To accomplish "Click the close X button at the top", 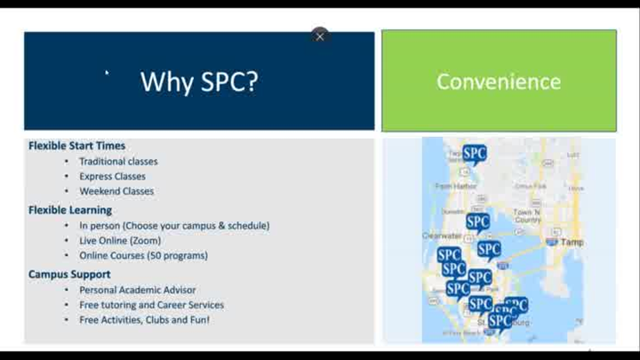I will pos(320,36).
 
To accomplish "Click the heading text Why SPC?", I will pos(199,82).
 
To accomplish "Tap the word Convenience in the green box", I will pos(499,82).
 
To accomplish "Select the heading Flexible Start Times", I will pos(77,146).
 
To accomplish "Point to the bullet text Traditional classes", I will pos(118,162).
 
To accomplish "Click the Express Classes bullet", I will pos(112,176).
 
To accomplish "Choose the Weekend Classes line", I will pos(116,191).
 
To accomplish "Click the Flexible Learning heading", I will pos(70,211).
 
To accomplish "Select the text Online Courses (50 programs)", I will pos(143,255).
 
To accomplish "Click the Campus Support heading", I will pos(69,275).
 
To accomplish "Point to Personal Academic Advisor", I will pos(138,290).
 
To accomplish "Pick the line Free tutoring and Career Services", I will pos(151,305).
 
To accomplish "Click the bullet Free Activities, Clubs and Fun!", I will pos(144,319).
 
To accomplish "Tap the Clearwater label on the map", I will pos(442,236).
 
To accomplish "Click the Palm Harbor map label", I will pos(456,186).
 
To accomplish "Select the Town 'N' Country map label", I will pos(526,216).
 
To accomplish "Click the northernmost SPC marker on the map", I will pos(475,155).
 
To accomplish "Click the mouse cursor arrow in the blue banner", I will pos(108,74).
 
